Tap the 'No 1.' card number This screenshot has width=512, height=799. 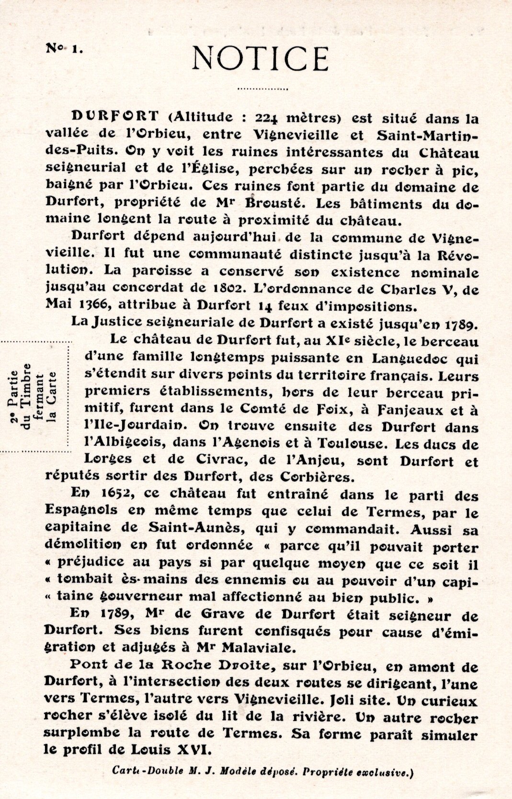64,48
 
